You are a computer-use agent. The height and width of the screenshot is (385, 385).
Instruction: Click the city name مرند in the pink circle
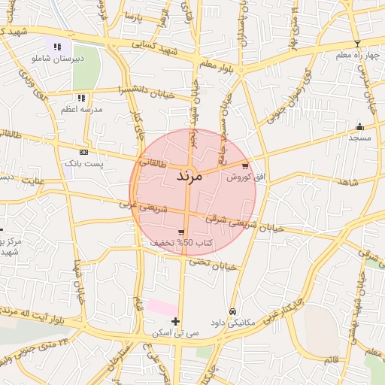click(x=189, y=177)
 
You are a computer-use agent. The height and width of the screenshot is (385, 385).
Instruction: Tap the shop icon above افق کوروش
click(x=245, y=166)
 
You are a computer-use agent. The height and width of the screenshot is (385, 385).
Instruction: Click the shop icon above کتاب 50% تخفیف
click(x=181, y=232)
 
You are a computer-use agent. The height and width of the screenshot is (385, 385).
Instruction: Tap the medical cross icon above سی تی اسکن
click(x=175, y=322)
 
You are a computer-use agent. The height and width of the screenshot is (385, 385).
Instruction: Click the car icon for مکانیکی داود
click(x=232, y=311)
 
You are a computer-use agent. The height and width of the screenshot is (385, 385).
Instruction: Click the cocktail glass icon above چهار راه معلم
click(x=357, y=44)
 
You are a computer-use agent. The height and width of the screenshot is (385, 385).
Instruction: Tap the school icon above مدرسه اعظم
click(x=81, y=98)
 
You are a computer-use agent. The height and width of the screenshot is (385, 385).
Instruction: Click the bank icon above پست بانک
click(x=83, y=152)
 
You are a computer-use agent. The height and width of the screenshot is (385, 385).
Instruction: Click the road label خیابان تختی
click(x=212, y=263)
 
